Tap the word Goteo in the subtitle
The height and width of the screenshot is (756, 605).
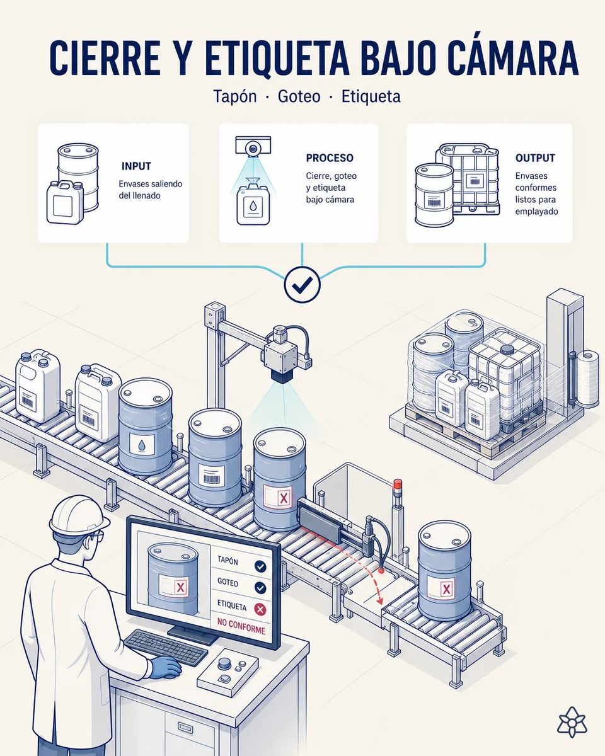point(299,96)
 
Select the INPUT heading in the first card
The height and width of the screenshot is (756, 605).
point(136,166)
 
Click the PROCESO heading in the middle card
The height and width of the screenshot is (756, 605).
point(330,157)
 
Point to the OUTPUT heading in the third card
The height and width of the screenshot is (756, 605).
point(535,157)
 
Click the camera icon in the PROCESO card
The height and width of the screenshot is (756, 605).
point(253,146)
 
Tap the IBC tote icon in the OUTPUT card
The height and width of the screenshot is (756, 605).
point(468,178)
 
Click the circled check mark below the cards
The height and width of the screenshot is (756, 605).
point(302,285)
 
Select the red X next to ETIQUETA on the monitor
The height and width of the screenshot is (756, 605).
point(260,609)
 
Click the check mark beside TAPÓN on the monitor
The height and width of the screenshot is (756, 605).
point(260,566)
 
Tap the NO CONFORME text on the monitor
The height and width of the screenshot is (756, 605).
point(241,626)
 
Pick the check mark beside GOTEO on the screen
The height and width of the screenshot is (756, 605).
point(260,588)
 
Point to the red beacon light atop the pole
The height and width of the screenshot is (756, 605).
point(398,483)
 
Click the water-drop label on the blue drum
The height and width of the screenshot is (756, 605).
point(142,444)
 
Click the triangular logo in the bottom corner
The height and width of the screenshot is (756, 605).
point(572,721)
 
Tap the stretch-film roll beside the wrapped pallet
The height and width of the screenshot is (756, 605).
point(588,379)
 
